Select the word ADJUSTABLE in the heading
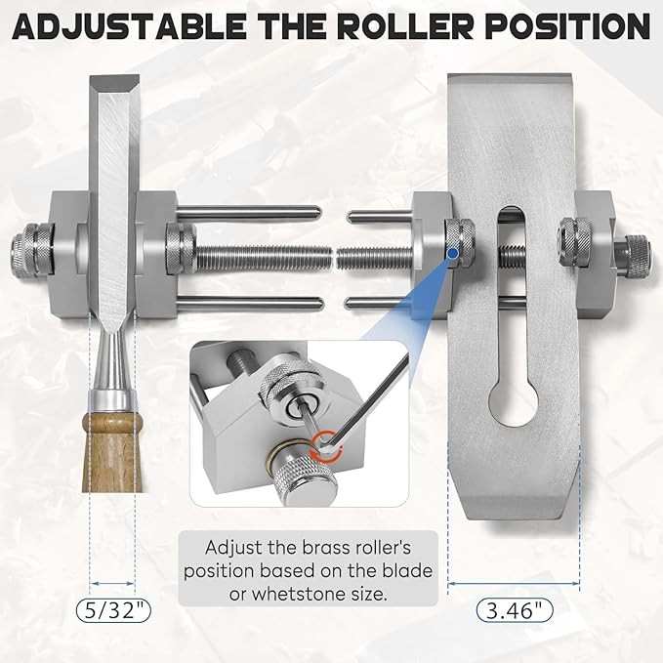click(128, 26)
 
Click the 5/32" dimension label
click(113, 611)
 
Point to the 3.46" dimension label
click(515, 611)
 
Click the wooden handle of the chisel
click(112, 452)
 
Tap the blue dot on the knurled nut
click(453, 253)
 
